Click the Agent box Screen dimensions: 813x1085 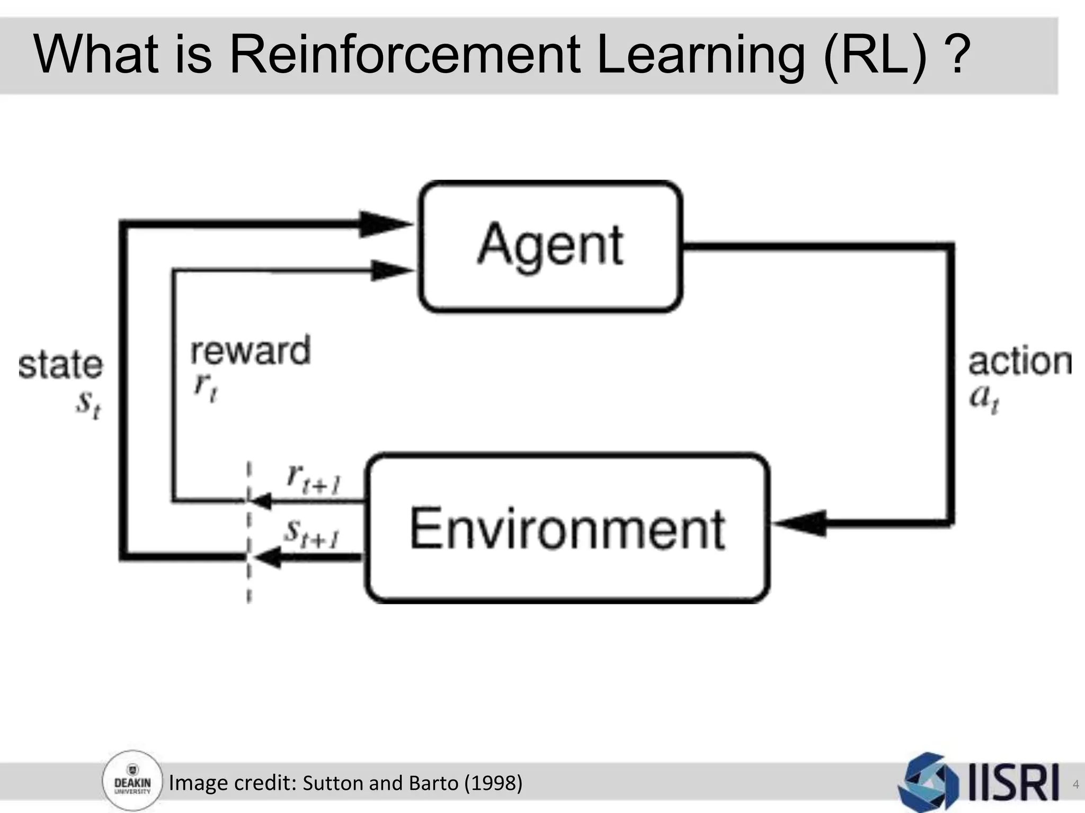[550, 246]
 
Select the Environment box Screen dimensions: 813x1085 [567, 528]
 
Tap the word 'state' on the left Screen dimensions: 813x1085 [60, 365]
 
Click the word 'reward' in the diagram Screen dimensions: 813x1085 [250, 351]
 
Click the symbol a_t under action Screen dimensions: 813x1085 [984, 398]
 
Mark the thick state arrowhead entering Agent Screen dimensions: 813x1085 [384, 224]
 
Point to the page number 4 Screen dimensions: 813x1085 [1075, 784]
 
